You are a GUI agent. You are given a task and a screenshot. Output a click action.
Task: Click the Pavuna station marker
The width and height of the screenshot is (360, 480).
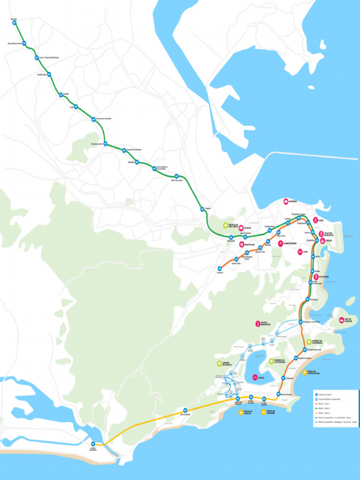[x=15, y=22]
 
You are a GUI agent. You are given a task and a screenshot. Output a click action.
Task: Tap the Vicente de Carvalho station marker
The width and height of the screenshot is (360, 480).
[x=93, y=119]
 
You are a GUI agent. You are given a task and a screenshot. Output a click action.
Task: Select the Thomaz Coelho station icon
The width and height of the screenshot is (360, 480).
[x=105, y=144]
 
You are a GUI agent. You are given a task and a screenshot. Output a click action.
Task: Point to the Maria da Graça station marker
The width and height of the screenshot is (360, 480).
[x=176, y=177]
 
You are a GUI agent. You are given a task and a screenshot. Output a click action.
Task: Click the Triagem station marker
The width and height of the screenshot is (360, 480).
[x=202, y=210]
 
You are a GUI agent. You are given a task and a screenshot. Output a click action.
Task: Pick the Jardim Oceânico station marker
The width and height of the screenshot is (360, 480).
[x=93, y=443]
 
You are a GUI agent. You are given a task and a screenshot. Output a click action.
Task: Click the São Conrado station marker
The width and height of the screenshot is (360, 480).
[x=186, y=410]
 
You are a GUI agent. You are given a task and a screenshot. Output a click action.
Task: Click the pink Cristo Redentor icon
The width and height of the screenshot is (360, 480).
[x=257, y=323]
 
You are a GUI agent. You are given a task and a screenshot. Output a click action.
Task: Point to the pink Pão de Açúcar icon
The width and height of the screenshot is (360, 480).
[x=341, y=320]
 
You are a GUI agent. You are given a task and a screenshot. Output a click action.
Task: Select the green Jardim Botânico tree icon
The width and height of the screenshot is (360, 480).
[x=219, y=364]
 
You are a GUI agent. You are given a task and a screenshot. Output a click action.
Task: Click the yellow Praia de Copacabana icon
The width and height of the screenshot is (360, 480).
[x=305, y=373]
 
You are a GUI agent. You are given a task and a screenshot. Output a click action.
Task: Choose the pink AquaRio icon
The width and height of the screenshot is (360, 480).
[x=286, y=201]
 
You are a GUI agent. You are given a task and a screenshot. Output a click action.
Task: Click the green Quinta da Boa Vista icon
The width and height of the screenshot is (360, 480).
[x=225, y=225]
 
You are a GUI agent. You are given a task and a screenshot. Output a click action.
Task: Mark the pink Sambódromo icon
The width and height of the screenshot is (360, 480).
[x=280, y=243]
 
